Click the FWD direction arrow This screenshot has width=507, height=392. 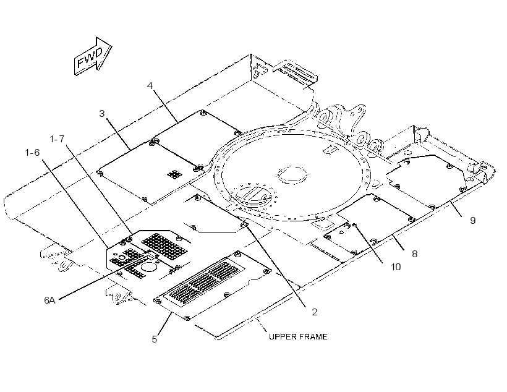coord(93,56)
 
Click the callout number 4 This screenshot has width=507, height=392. coord(150,86)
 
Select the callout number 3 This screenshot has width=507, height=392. coord(102,114)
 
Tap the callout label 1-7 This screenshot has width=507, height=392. coord(58,139)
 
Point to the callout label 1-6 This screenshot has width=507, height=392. coord(32,153)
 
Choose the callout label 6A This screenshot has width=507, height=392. coord(49,300)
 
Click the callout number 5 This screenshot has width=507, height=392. coord(155,339)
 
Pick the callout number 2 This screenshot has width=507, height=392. coord(314,312)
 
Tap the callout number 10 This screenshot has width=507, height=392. coord(396,267)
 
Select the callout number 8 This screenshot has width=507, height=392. coord(414,254)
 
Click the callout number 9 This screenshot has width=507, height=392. coord(473,221)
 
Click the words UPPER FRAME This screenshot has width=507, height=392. coord(298,337)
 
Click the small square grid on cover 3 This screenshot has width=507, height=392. coord(175,174)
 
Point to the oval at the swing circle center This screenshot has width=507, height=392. coord(292,174)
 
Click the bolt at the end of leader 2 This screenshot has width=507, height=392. coord(245,224)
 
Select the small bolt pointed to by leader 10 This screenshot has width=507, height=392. coord(354,225)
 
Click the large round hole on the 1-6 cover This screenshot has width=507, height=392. coord(149,266)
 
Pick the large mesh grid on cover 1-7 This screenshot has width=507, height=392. coord(164,247)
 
